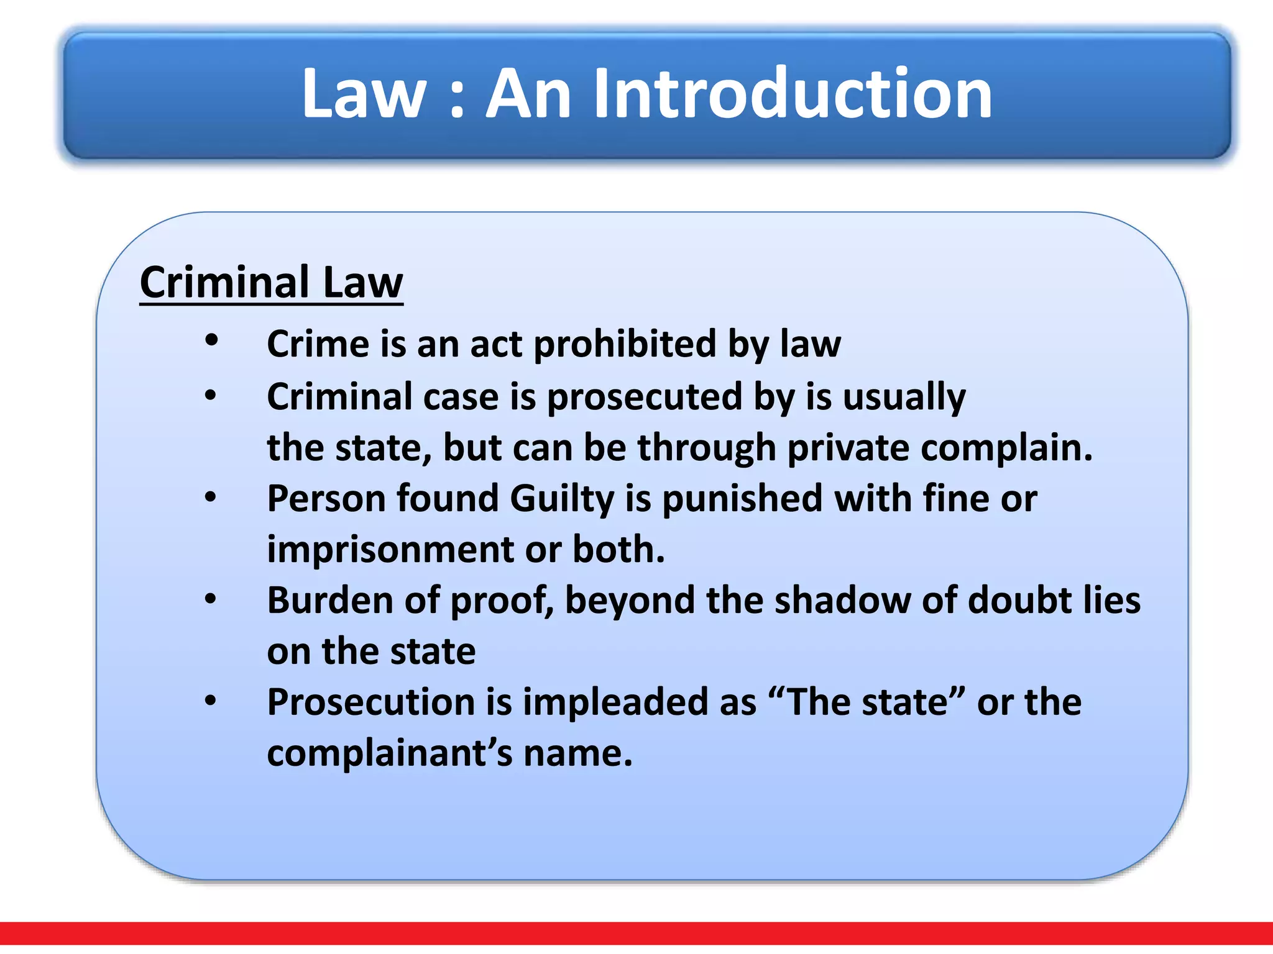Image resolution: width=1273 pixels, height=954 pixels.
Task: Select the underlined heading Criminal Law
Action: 271,283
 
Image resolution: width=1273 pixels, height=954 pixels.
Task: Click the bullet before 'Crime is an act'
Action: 211,340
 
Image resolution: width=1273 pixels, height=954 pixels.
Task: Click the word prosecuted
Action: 645,397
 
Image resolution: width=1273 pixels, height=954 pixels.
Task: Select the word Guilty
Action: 562,499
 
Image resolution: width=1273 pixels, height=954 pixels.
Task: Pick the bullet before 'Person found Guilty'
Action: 211,497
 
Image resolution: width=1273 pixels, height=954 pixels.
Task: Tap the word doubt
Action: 1019,601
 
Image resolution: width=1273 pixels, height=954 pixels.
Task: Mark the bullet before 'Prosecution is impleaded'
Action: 211,701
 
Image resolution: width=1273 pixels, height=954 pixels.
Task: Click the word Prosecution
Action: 371,702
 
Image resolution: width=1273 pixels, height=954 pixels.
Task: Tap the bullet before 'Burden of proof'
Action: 211,599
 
